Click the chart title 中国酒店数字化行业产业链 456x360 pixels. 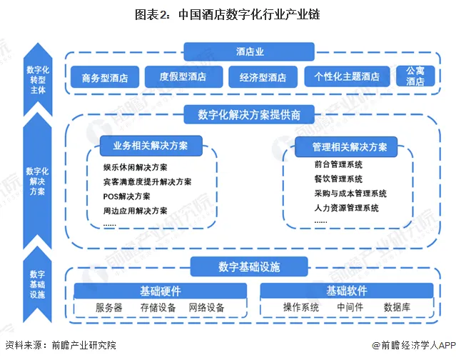coord(228,13)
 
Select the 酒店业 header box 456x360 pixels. coord(250,51)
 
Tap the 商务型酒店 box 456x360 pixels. coord(105,76)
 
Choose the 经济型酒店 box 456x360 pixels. coord(262,76)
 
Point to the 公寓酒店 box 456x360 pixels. coord(415,76)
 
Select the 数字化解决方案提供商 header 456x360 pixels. coord(249,114)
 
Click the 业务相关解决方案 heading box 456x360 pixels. coord(150,146)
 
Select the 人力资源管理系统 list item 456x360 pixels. coord(346,208)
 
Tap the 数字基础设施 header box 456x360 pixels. coord(249,267)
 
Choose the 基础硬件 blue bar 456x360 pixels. coord(161,291)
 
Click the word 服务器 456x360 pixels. coord(109,308)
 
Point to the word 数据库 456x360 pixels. coord(397,308)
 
